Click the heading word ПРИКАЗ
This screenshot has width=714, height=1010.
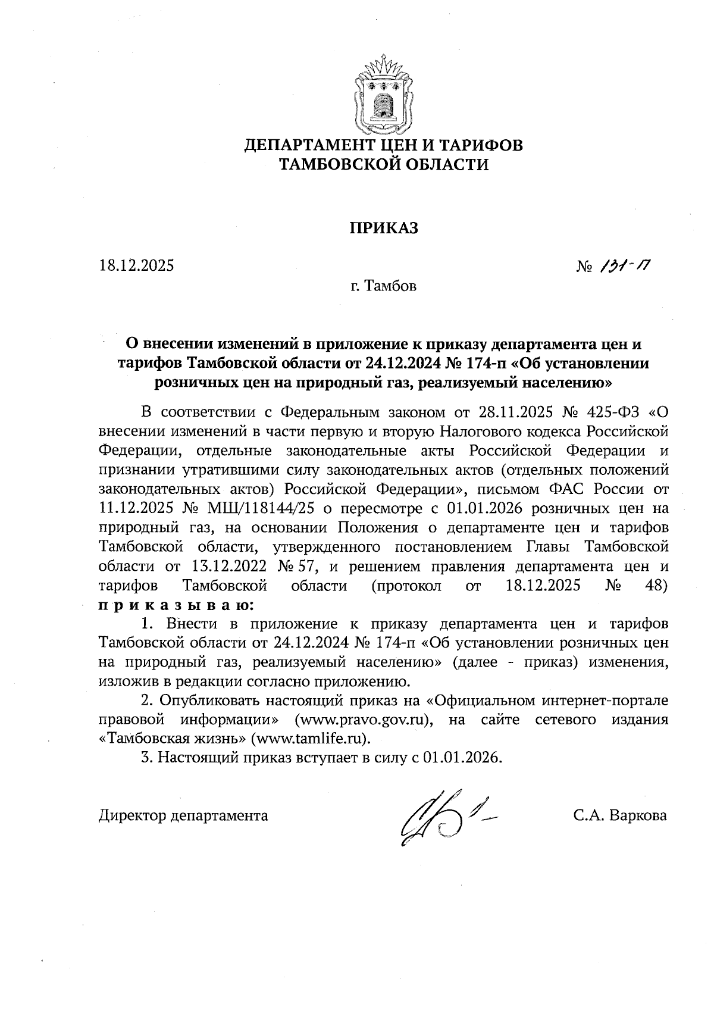tap(383, 229)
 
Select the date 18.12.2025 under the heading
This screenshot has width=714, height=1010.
tap(137, 265)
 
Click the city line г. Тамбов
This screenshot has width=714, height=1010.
tap(383, 287)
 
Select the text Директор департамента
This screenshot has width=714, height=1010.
tap(183, 815)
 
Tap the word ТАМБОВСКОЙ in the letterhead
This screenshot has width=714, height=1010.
tap(339, 165)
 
